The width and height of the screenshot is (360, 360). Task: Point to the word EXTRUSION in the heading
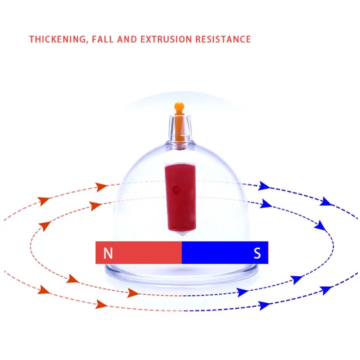tap(166, 39)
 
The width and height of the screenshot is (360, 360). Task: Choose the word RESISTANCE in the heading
tap(223, 39)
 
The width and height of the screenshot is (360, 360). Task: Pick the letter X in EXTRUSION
tap(150, 39)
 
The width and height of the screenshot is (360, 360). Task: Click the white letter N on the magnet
tap(108, 253)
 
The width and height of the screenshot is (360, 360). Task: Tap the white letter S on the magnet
tap(257, 253)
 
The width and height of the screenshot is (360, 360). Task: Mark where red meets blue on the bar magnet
tap(181, 252)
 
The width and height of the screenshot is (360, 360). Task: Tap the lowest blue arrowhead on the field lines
tap(265, 306)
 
